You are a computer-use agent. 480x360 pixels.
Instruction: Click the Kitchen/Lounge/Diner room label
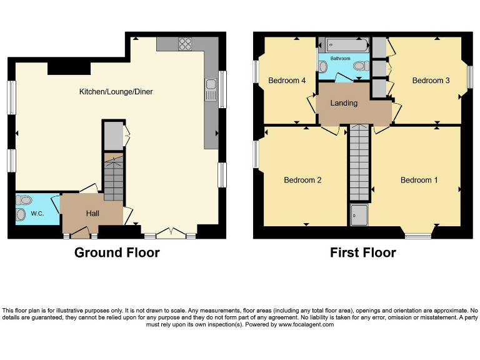116,92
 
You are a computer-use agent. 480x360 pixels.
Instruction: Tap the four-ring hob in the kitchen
186,44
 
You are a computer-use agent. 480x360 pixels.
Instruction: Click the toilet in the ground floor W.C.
25,200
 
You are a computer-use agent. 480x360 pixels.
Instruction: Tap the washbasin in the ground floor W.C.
21,215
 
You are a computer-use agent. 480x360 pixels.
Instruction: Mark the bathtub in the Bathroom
345,45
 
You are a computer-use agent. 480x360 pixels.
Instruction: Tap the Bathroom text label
341,58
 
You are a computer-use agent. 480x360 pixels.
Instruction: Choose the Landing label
344,103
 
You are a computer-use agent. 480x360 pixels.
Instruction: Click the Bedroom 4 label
287,81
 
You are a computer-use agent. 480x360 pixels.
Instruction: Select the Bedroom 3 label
431,81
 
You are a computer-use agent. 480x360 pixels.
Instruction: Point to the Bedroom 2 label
302,180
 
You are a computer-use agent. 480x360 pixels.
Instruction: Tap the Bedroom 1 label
419,180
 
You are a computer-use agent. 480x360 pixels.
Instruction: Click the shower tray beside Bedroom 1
359,214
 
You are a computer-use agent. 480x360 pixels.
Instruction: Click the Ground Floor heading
117,252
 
